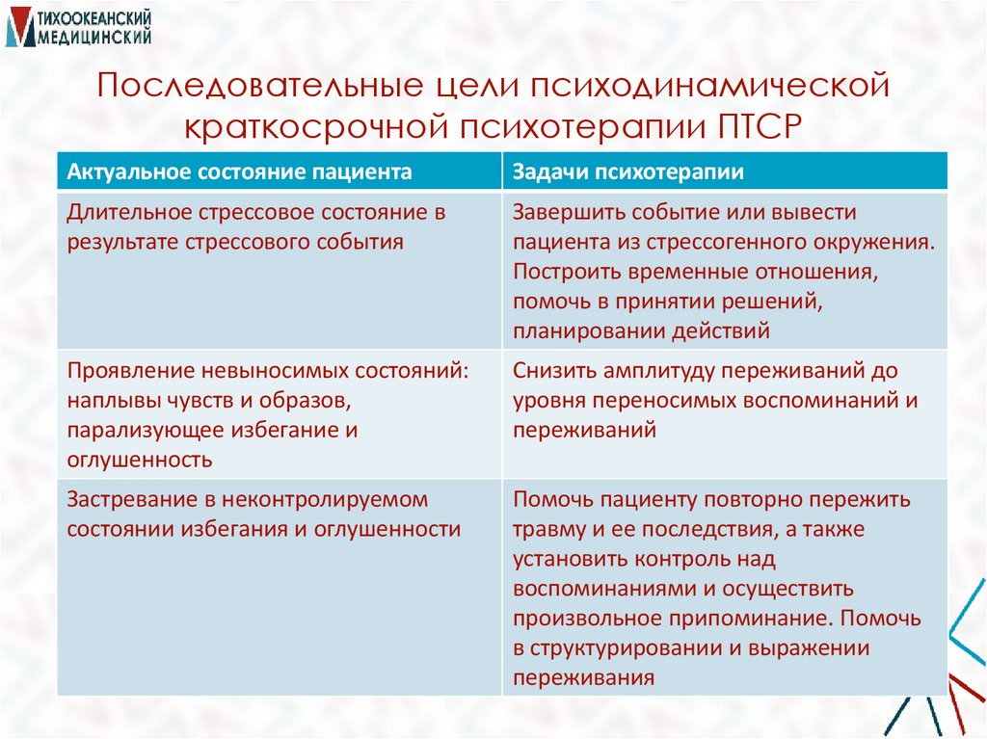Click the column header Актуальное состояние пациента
click(226, 172)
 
